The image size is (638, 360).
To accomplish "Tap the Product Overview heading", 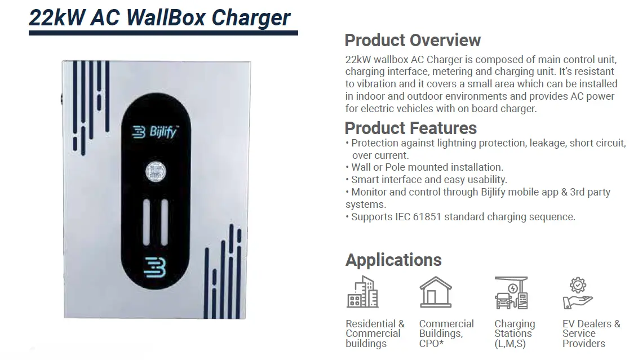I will (x=412, y=41).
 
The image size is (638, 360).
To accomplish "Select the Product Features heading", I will (x=410, y=128).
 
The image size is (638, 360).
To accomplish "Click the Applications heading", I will (x=393, y=260).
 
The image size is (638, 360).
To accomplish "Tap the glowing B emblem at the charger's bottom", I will (x=154, y=267).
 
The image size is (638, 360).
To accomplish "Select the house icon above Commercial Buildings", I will (x=436, y=292).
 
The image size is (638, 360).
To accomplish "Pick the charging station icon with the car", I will (x=511, y=292).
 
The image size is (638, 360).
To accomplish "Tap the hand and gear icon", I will (x=577, y=294).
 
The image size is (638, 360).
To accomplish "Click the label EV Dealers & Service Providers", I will (x=591, y=334).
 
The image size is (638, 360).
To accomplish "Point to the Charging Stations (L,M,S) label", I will (x=514, y=334).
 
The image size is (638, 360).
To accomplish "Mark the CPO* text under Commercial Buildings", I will (x=431, y=344).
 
